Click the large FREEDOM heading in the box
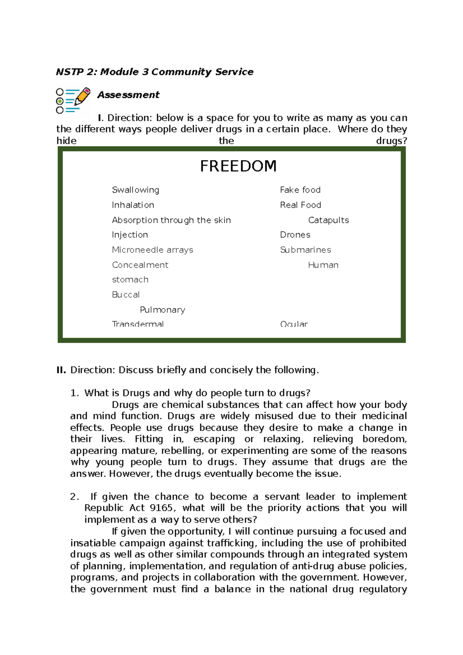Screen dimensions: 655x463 click(x=238, y=166)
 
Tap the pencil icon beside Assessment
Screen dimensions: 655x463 click(x=82, y=96)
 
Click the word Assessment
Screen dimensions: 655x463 click(x=128, y=95)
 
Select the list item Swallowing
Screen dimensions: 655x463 click(x=135, y=190)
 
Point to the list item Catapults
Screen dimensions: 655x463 click(x=328, y=220)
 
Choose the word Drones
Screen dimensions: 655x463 click(x=295, y=235)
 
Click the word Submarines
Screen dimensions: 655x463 click(x=305, y=250)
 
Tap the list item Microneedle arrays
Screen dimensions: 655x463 click(x=152, y=250)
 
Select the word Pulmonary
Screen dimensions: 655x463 click(x=162, y=310)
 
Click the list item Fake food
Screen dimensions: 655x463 click(x=300, y=190)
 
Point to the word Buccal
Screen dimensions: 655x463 click(x=126, y=295)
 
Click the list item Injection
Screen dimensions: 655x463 click(x=130, y=235)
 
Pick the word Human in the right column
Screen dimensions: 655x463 click(x=323, y=265)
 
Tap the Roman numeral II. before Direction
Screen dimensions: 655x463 click(x=61, y=370)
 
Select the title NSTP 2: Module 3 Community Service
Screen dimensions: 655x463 click(x=155, y=72)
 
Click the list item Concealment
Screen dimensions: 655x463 click(x=140, y=265)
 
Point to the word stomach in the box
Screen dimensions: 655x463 click(x=130, y=280)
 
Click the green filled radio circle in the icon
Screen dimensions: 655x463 click(x=60, y=101)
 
